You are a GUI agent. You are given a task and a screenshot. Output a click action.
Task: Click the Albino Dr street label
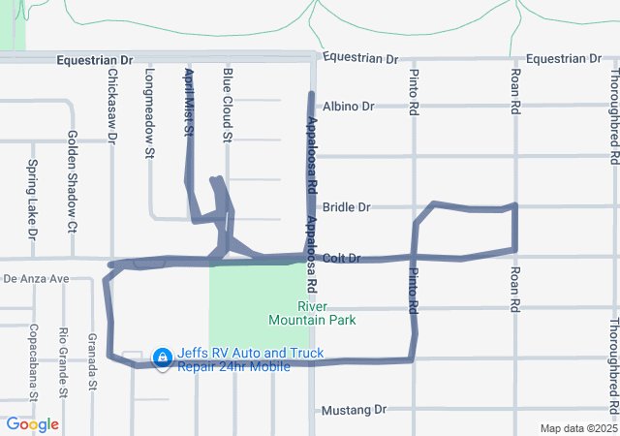pos(348,106)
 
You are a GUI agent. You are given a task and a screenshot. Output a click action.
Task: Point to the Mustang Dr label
pos(354,410)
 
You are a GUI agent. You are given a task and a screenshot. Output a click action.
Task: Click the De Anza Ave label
pos(36,279)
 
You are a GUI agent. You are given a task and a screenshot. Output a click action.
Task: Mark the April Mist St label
pos(189,101)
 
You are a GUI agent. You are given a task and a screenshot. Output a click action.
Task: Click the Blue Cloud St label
pos(227,106)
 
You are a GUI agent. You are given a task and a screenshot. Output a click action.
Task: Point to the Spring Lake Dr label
pos(32,200)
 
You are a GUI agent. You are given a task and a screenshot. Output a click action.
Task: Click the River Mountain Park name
pos(312,313)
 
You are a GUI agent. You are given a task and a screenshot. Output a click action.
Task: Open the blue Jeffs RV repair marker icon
pos(162,359)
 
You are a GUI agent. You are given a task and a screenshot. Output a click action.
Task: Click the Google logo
pos(32,424)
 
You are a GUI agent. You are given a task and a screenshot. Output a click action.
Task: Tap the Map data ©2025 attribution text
pos(577,428)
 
